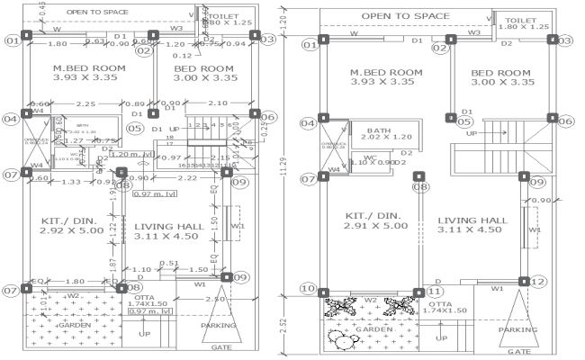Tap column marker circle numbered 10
click(310, 289)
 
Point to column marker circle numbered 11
click(435, 290)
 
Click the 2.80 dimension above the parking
click(215, 297)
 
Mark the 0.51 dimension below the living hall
click(167, 263)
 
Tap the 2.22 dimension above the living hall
click(187, 178)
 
